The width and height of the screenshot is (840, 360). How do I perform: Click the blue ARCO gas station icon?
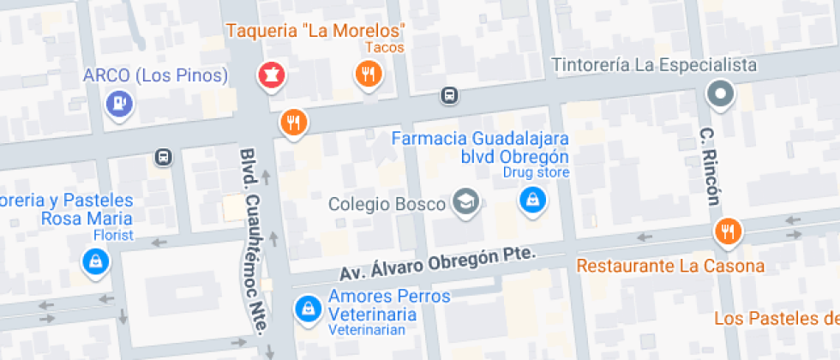(118, 104)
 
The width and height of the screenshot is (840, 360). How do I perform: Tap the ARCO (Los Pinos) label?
(156, 75)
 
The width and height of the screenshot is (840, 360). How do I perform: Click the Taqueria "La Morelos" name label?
(315, 31)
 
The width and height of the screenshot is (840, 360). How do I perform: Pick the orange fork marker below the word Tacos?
(369, 75)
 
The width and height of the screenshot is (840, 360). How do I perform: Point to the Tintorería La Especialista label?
(654, 65)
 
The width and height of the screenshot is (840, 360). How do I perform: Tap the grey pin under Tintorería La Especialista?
(720, 93)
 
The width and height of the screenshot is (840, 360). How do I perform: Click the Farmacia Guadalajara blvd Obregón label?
(480, 147)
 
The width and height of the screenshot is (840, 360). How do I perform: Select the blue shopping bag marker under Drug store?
(532, 201)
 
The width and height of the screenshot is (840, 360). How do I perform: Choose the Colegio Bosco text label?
(387, 204)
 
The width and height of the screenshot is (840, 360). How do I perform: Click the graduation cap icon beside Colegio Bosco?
(466, 203)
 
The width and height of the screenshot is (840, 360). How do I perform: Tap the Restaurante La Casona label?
(670, 267)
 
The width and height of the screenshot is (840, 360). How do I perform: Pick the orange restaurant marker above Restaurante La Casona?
(728, 231)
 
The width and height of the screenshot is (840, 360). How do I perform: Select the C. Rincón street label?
(710, 166)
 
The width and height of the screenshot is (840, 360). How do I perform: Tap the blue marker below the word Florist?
(95, 261)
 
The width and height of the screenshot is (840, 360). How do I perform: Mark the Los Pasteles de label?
(777, 319)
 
